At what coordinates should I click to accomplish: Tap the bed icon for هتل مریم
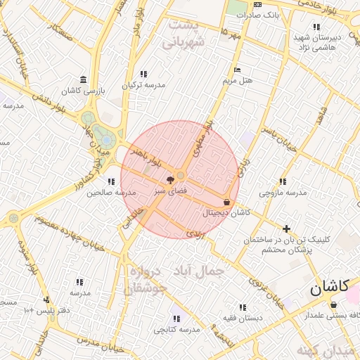click(237, 70)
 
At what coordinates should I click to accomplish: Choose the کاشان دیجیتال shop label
click(226, 212)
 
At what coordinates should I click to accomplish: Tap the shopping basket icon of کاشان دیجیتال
click(226, 202)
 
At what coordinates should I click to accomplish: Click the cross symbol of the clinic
click(286, 229)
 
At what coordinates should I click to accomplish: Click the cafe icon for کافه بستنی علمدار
click(333, 304)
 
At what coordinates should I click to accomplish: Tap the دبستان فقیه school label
click(243, 317)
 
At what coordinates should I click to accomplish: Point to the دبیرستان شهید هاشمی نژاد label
click(318, 41)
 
